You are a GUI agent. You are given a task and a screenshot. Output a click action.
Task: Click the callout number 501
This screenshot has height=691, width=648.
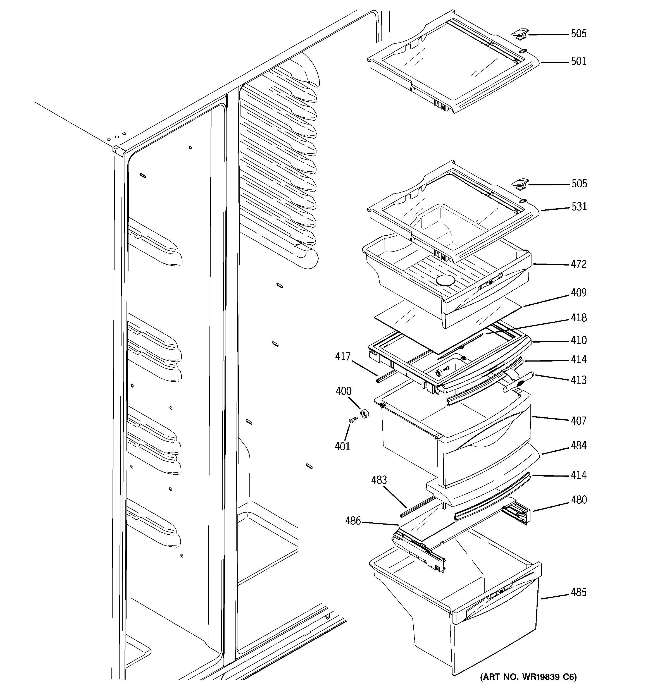click(578, 61)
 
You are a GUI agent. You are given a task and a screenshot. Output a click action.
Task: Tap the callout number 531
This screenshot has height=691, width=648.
click(579, 207)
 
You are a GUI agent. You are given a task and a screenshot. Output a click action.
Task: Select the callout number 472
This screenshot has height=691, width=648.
click(578, 264)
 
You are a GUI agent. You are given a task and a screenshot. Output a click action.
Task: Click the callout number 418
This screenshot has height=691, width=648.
click(578, 318)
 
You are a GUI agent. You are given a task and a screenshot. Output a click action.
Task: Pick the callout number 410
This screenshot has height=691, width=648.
click(578, 340)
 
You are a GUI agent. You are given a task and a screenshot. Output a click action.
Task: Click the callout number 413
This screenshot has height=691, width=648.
click(578, 380)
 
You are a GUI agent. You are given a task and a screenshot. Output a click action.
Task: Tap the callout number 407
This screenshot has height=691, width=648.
click(578, 421)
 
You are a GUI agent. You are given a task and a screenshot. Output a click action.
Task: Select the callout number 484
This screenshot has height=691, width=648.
click(578, 446)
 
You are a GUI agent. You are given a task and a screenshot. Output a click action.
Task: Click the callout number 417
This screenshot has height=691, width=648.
click(343, 357)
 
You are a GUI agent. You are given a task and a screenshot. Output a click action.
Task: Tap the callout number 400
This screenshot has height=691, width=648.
click(343, 391)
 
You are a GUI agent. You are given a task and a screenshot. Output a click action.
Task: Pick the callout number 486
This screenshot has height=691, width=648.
click(353, 521)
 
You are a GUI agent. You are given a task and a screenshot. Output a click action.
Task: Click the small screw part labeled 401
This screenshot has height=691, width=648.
click(353, 420)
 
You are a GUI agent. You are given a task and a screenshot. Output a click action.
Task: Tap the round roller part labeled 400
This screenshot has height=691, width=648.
click(364, 414)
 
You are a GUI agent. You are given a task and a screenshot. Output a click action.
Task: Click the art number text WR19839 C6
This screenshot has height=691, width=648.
click(528, 677)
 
